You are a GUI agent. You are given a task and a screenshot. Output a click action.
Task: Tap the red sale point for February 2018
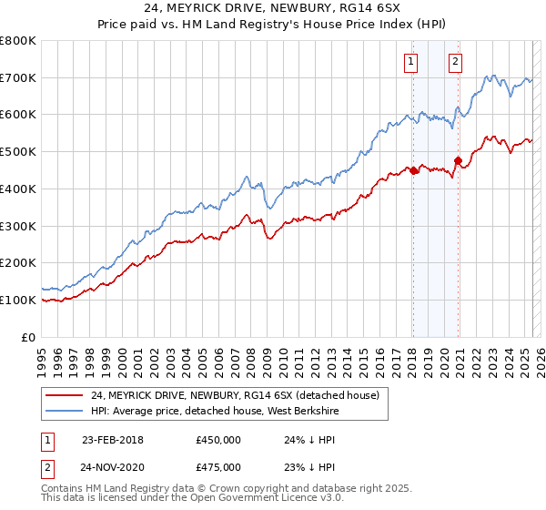pyautogui.click(x=413, y=170)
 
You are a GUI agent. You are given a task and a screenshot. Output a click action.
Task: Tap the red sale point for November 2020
pyautogui.click(x=458, y=161)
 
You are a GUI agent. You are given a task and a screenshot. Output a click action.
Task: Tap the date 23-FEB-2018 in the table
pyautogui.click(x=113, y=439)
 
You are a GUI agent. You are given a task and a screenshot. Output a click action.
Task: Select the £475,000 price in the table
pyautogui.click(x=218, y=466)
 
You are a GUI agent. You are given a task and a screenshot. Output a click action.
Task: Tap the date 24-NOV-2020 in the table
pyautogui.click(x=113, y=466)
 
